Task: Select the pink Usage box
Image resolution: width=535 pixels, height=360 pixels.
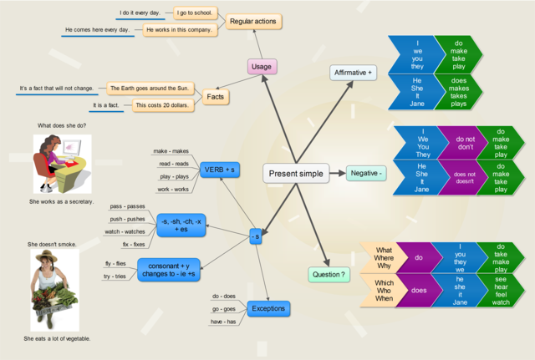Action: click(x=262, y=66)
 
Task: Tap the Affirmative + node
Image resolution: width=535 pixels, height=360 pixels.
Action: click(x=354, y=73)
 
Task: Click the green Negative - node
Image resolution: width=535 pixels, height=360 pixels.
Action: click(x=366, y=173)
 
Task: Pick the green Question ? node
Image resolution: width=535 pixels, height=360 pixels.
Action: click(x=329, y=274)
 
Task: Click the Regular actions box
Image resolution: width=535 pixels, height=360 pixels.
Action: click(x=254, y=21)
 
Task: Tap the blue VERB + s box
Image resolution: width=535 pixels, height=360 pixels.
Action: click(x=221, y=170)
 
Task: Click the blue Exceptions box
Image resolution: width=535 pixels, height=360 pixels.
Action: click(x=267, y=308)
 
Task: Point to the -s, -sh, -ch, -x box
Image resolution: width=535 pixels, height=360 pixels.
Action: click(x=184, y=223)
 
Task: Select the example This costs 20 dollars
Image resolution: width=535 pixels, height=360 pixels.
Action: click(x=162, y=106)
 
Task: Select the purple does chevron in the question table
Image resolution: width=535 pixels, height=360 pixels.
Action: click(x=419, y=290)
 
